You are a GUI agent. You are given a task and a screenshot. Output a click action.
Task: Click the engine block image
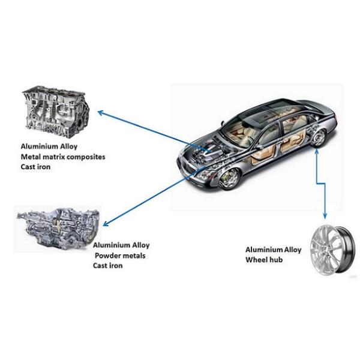click(x=56, y=112)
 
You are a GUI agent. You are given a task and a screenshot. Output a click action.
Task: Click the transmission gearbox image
click(x=58, y=229)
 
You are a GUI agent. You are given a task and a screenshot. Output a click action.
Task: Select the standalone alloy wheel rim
click(x=332, y=250)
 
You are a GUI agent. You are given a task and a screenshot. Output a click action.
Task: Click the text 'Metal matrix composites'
click(x=63, y=157)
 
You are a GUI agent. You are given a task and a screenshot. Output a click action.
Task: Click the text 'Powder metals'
click(x=120, y=256)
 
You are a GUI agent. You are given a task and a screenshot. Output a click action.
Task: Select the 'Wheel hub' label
click(x=264, y=260)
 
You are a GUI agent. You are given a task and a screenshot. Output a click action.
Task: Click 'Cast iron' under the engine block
click(x=35, y=166)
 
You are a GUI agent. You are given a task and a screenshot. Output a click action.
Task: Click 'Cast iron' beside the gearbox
click(x=107, y=265)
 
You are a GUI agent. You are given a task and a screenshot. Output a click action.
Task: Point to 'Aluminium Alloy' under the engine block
click(x=49, y=146)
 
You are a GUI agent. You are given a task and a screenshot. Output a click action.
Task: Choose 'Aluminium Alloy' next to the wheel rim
click(x=273, y=250)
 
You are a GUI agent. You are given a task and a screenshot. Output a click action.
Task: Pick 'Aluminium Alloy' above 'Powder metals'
click(x=121, y=245)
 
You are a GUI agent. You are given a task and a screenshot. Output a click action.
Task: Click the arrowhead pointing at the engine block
click(x=100, y=113)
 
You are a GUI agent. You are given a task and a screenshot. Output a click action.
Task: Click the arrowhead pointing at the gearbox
click(x=105, y=224)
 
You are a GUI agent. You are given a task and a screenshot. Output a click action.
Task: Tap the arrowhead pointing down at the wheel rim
click(x=325, y=216)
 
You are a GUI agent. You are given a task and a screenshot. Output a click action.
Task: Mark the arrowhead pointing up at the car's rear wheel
click(x=317, y=151)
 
